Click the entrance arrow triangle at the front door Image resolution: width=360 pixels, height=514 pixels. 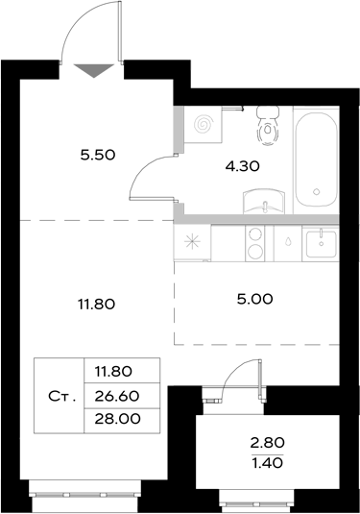[92, 68]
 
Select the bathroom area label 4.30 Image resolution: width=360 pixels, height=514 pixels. [241, 164]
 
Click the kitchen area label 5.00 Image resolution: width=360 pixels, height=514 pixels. [254, 298]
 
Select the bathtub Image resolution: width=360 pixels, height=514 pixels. [316, 159]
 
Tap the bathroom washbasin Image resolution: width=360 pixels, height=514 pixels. [264, 203]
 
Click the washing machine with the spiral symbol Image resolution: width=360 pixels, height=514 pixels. [204, 125]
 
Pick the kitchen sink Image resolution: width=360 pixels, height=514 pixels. [320, 243]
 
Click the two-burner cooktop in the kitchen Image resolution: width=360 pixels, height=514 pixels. [256, 243]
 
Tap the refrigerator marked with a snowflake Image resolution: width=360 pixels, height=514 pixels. [192, 243]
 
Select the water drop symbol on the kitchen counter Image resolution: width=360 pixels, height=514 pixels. [288, 243]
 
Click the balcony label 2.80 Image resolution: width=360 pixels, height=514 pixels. [268, 443]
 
